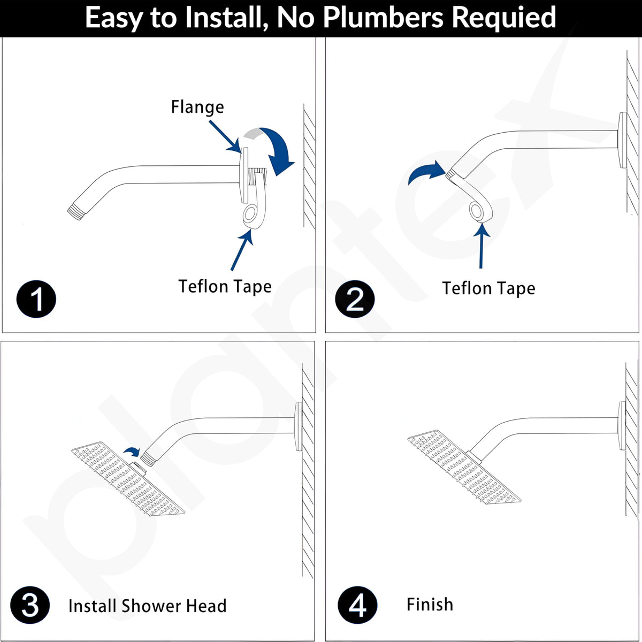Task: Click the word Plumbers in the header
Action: pyautogui.click(x=383, y=17)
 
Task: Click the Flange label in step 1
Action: pyautogui.click(x=197, y=108)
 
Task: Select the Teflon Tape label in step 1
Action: pyautogui.click(x=225, y=287)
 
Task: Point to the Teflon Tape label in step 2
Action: pyautogui.click(x=488, y=288)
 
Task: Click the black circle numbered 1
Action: pyautogui.click(x=36, y=299)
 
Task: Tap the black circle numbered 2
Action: pyautogui.click(x=355, y=299)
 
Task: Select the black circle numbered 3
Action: pyautogui.click(x=30, y=605)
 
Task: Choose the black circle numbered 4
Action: pyautogui.click(x=357, y=605)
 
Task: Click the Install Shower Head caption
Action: pyautogui.click(x=147, y=606)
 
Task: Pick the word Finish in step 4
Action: pyautogui.click(x=430, y=605)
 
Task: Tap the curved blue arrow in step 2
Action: pyautogui.click(x=426, y=171)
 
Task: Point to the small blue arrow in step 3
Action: pyautogui.click(x=132, y=452)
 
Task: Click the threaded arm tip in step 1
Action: pyautogui.click(x=75, y=212)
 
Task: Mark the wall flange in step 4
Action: pyautogui.click(x=622, y=426)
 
